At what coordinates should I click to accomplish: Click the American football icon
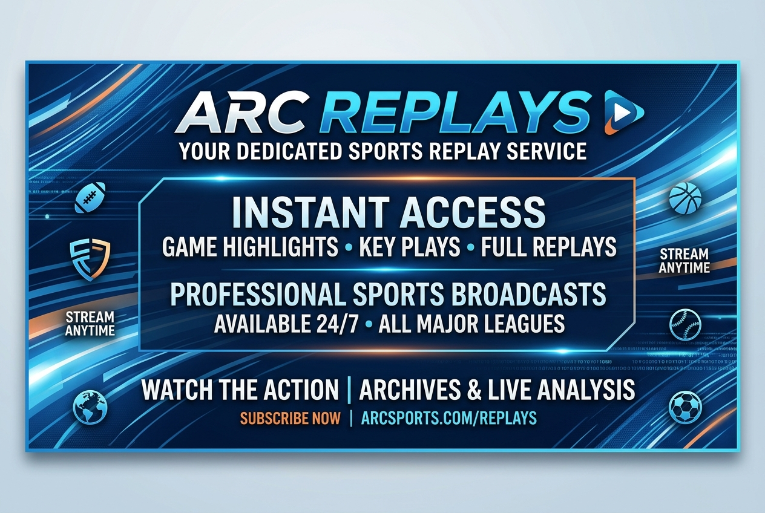coord(90,198)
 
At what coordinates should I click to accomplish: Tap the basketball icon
coord(685,198)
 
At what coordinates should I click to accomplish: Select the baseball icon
coord(685,325)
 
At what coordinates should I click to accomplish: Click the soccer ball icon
coord(685,408)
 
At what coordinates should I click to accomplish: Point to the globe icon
coord(90,408)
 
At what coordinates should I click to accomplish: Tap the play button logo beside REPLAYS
coord(623,113)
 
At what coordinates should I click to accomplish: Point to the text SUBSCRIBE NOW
coord(291,419)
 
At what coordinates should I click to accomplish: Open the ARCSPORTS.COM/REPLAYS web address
coord(448,419)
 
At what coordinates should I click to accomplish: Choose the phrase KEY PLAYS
coord(410,246)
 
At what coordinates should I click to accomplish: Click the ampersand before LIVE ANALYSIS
coord(474,390)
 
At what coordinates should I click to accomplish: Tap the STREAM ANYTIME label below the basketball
coord(685,261)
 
